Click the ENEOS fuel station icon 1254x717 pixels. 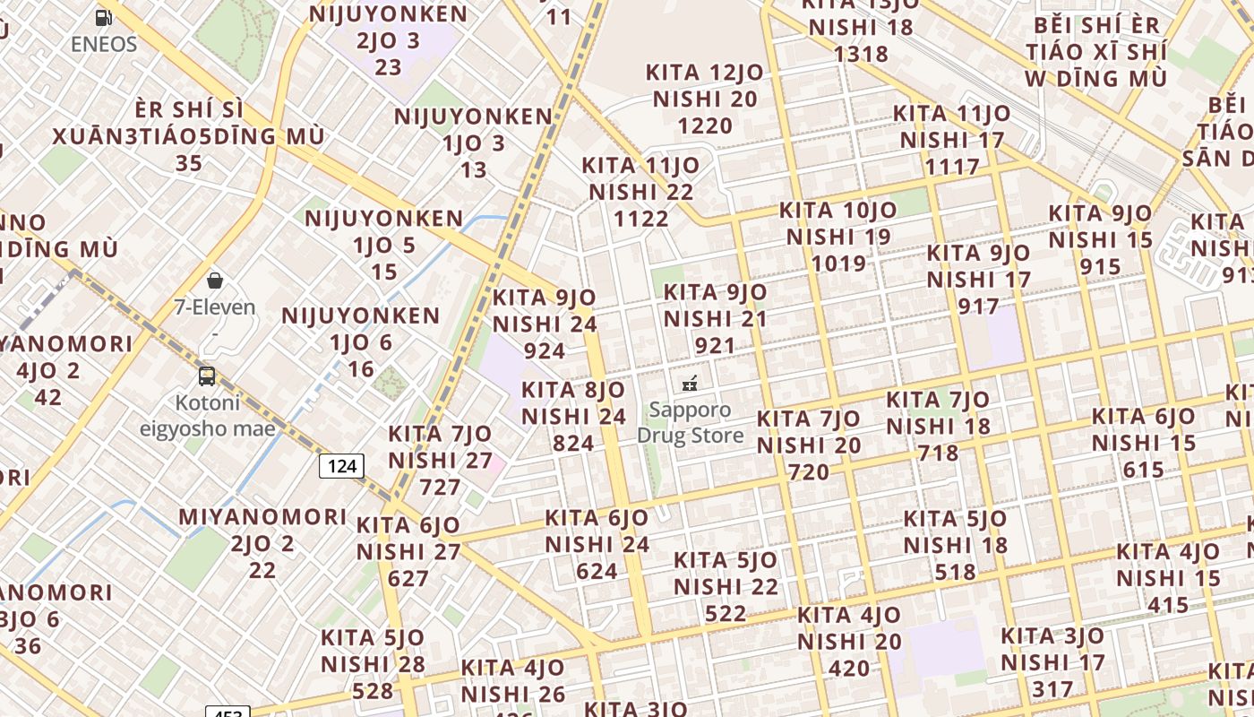(x=104, y=17)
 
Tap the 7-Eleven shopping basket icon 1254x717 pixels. (x=214, y=281)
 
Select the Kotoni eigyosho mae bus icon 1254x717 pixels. (x=207, y=376)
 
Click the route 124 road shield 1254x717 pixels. (x=342, y=465)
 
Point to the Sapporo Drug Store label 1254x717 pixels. (x=690, y=423)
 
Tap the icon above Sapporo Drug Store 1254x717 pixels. (x=690, y=384)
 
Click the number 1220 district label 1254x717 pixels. (x=705, y=125)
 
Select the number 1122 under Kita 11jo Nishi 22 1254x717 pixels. (x=641, y=219)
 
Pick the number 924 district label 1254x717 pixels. (x=545, y=350)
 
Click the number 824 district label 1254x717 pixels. (x=573, y=444)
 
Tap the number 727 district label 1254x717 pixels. (x=440, y=488)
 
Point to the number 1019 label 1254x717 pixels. (x=838, y=263)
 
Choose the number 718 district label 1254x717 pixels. (x=938, y=454)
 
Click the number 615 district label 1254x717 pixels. (x=1143, y=470)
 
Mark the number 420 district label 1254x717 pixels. (x=849, y=669)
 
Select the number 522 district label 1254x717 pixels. (x=726, y=613)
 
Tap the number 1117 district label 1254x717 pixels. (x=952, y=167)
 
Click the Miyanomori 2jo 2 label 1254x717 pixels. (x=262, y=543)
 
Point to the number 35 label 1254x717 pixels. (x=189, y=164)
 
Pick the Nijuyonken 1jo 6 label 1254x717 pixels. (x=361, y=342)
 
